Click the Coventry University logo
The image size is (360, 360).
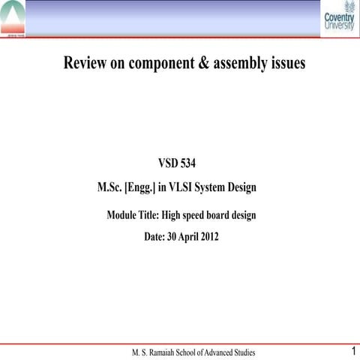click(x=337, y=20)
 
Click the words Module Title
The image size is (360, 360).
click(x=132, y=215)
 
